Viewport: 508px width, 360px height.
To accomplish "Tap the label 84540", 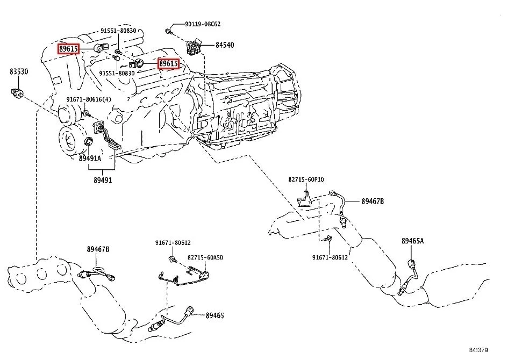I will [x=224, y=45].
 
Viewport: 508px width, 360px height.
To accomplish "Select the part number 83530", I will [x=18, y=71].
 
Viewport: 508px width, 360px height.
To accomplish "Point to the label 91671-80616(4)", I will [x=89, y=100].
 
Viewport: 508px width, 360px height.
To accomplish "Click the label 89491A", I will [x=90, y=159].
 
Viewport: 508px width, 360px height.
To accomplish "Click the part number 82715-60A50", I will [x=205, y=258].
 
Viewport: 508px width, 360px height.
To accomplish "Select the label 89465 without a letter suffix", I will [x=214, y=315].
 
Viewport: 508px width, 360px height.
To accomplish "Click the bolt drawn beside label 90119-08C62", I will [x=168, y=31].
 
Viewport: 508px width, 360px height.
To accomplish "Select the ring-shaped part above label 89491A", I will [x=89, y=142].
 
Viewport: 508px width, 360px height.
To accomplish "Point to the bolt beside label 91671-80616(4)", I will [x=85, y=113].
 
